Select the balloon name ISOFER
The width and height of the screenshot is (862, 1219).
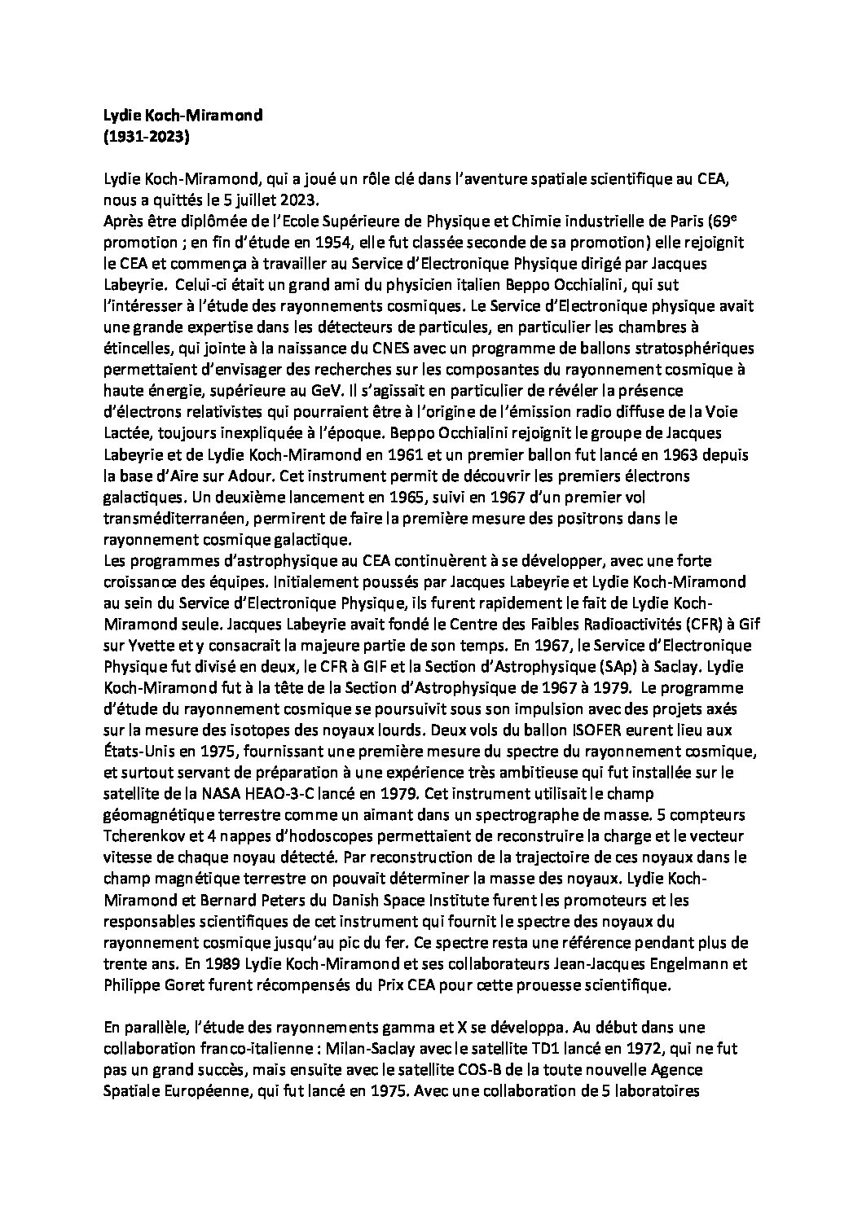tap(557, 730)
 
